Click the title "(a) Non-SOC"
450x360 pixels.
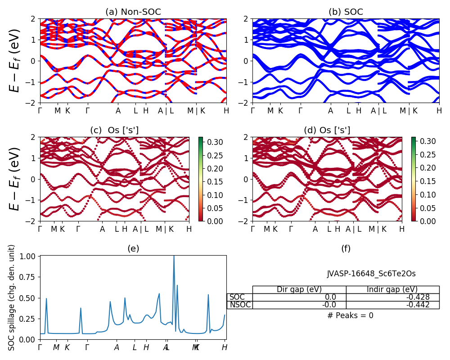(x=133, y=12)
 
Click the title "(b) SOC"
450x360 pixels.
(x=346, y=12)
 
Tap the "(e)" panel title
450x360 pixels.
(x=133, y=248)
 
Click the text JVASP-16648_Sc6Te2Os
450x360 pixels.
(x=371, y=274)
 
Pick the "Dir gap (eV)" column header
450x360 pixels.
(x=299, y=289)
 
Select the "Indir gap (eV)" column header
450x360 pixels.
(x=392, y=289)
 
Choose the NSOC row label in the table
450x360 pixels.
(x=240, y=305)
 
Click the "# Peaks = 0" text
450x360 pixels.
(x=350, y=315)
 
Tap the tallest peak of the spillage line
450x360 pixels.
(x=174, y=256)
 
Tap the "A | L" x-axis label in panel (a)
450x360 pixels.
(x=166, y=111)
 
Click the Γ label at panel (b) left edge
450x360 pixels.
(x=252, y=111)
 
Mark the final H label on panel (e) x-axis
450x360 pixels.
(x=225, y=347)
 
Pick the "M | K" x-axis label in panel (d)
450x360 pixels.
(x=377, y=229)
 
